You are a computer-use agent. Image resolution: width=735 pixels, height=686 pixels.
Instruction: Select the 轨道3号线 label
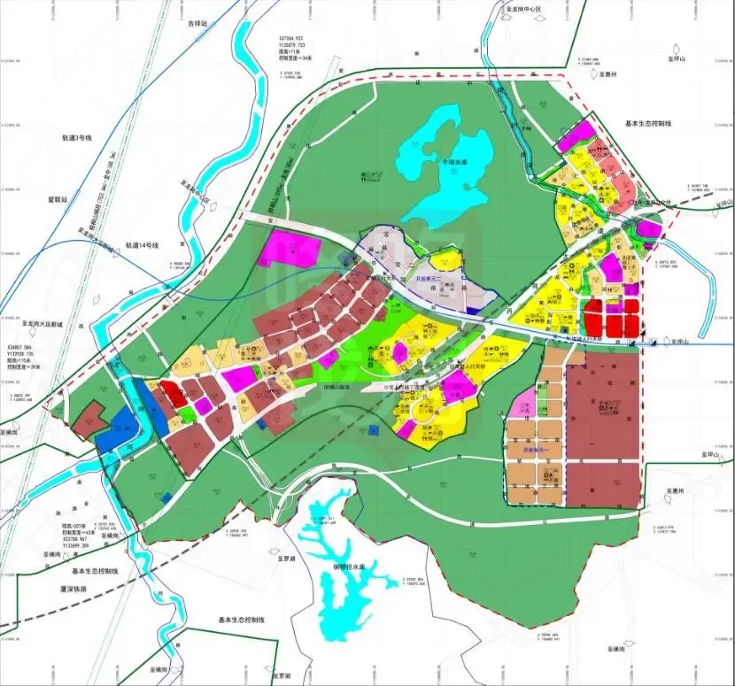76,139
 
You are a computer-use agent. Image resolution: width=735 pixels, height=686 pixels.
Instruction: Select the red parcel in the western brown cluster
174,393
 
